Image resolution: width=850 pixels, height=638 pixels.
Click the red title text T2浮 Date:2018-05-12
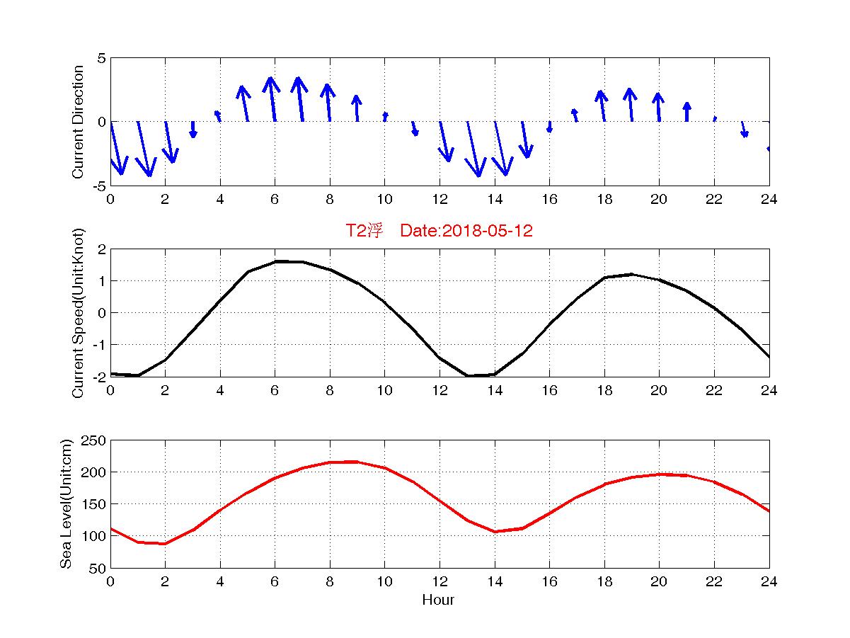click(439, 231)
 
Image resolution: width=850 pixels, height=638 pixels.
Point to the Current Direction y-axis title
click(78, 122)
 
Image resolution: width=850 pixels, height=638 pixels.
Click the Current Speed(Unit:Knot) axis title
click(78, 313)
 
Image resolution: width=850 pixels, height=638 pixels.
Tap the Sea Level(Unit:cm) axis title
click(66, 503)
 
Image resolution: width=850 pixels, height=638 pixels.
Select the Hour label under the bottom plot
click(439, 600)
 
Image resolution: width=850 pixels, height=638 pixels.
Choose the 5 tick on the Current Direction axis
click(102, 58)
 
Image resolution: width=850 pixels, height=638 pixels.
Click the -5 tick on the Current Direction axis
click(99, 186)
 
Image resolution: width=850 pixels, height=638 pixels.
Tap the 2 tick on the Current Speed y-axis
click(102, 249)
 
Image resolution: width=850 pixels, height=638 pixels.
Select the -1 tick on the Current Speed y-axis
click(99, 345)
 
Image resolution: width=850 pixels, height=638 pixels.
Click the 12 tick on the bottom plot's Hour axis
click(440, 581)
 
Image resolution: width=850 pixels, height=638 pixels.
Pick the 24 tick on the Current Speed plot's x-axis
click(769, 390)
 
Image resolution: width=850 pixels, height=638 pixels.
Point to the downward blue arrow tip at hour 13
click(479, 175)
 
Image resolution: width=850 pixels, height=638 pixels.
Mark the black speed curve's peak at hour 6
click(275, 261)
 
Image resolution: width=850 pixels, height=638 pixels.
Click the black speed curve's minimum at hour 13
click(467, 375)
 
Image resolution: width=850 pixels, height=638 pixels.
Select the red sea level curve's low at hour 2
click(165, 543)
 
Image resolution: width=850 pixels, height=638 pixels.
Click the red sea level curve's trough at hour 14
click(495, 531)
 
